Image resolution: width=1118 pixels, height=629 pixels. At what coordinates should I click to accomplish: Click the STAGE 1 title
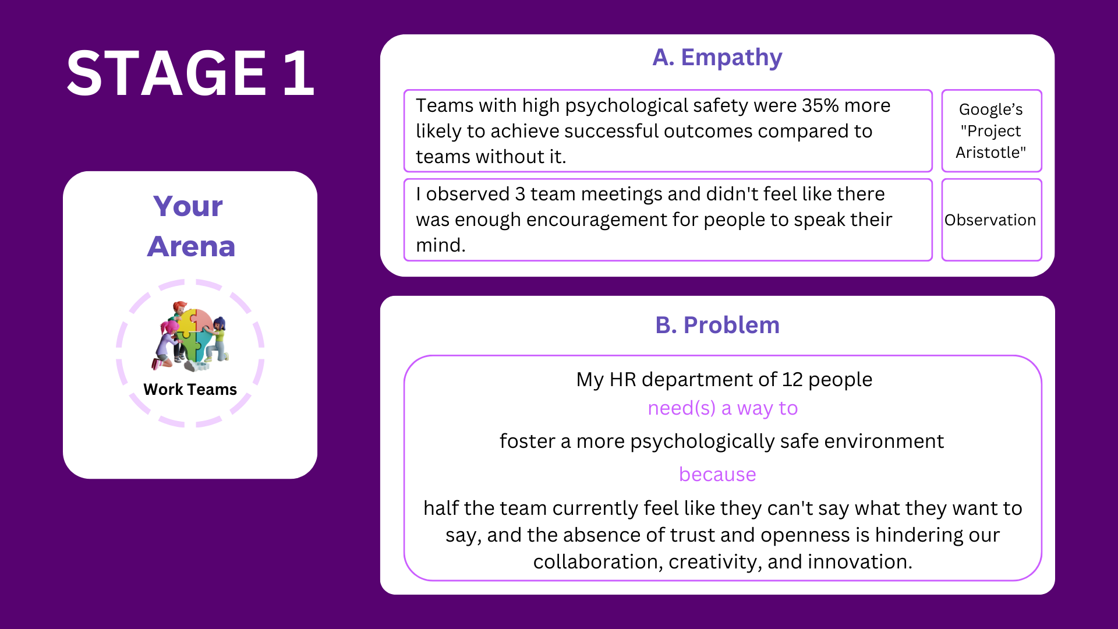pos(190,73)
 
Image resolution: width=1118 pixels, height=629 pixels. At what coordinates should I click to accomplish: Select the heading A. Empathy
pos(717,58)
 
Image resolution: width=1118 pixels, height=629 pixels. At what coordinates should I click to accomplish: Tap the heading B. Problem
pos(717,325)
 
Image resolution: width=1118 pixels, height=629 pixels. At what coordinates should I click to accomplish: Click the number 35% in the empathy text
pos(820,105)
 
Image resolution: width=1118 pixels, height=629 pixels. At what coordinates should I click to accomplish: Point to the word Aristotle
pos(990,153)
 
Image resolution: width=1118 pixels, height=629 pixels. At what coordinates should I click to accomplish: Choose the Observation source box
pos(991,220)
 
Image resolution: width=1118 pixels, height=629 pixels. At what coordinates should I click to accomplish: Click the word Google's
pos(990,109)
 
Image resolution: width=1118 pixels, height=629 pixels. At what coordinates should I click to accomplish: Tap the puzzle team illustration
pos(191,336)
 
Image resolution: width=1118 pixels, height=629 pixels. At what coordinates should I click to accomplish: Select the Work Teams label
pos(190,389)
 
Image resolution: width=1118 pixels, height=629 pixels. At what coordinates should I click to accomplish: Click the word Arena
pos(191,246)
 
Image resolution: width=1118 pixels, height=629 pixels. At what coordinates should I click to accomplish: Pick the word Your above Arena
pos(188,206)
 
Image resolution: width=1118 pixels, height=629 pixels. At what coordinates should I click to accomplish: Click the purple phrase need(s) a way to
pos(723,408)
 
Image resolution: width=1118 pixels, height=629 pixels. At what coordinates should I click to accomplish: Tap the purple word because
pos(717,475)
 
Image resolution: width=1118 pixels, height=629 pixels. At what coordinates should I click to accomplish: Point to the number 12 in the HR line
pos(792,380)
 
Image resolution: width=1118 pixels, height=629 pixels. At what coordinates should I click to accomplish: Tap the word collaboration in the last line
pos(598,562)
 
